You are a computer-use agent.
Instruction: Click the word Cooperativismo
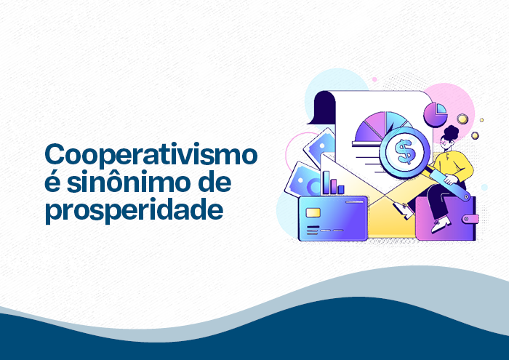click(x=151, y=156)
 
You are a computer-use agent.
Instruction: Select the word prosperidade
click(x=133, y=211)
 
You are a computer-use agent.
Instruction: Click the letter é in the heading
click(x=52, y=183)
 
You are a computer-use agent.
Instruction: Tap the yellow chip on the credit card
click(x=313, y=212)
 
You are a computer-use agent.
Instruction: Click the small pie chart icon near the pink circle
click(x=436, y=113)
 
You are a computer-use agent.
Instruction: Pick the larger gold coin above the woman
click(x=462, y=118)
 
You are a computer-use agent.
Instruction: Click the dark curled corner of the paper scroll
click(x=320, y=110)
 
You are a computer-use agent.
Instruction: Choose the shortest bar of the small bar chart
click(x=341, y=190)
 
